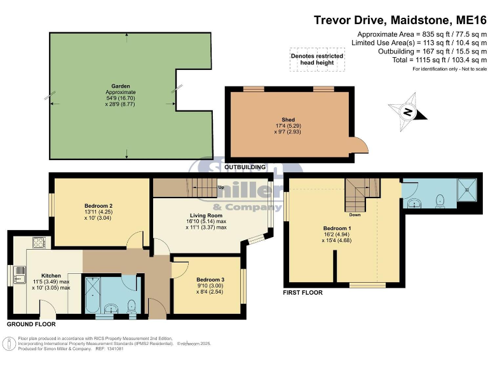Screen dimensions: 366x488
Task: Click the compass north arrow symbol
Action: click(407, 112)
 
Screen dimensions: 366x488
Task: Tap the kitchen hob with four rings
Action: click(39, 242)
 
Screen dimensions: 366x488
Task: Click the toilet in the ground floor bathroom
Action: click(131, 304)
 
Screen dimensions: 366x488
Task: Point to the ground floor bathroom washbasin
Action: click(112, 309)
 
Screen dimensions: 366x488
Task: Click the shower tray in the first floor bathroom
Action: click(468, 189)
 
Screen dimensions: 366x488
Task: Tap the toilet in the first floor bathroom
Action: click(438, 200)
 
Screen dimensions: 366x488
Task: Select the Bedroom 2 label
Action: click(98, 206)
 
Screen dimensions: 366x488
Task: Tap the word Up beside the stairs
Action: click(220, 188)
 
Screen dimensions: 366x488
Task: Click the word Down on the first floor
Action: click(355, 215)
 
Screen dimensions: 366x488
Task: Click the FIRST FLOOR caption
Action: click(302, 293)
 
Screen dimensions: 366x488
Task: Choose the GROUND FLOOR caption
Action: click(31, 324)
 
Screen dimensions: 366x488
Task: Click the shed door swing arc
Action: click(360, 146)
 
